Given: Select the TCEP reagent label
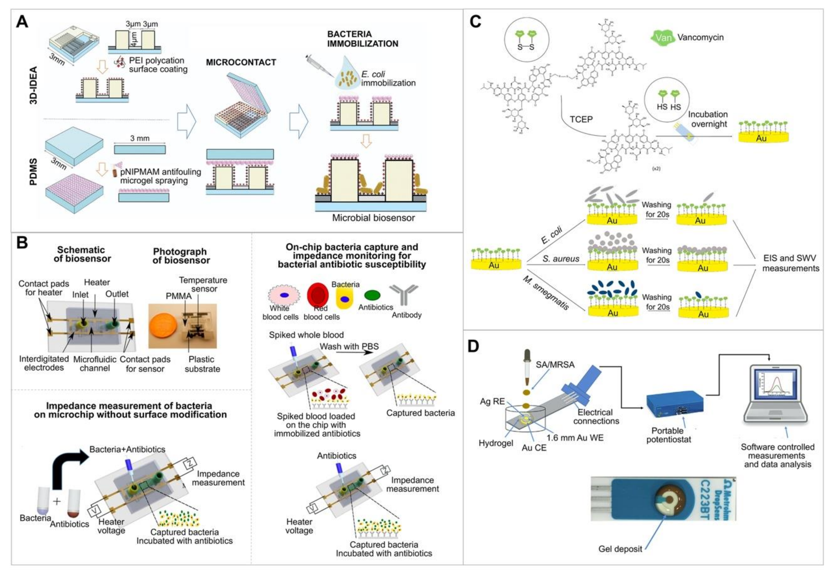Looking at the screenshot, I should pos(581,119).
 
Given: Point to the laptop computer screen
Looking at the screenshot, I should pos(775,391).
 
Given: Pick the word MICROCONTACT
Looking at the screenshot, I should pos(241,62).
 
